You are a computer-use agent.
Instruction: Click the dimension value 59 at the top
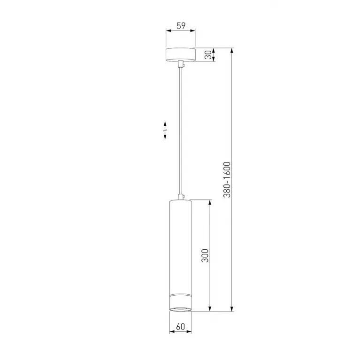coord(181,26)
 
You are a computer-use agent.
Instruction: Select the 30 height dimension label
coord(208,55)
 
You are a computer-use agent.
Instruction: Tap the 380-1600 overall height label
coord(227,180)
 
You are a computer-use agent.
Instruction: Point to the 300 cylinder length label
coord(205,255)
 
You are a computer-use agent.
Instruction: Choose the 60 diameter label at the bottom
coord(180,327)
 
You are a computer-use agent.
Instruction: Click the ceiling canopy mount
coord(180,55)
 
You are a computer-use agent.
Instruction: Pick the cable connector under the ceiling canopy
coord(181,64)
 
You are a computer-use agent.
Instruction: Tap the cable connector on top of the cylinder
coord(181,197)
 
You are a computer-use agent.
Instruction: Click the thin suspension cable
coord(181,131)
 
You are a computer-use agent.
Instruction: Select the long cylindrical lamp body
coord(180,255)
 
